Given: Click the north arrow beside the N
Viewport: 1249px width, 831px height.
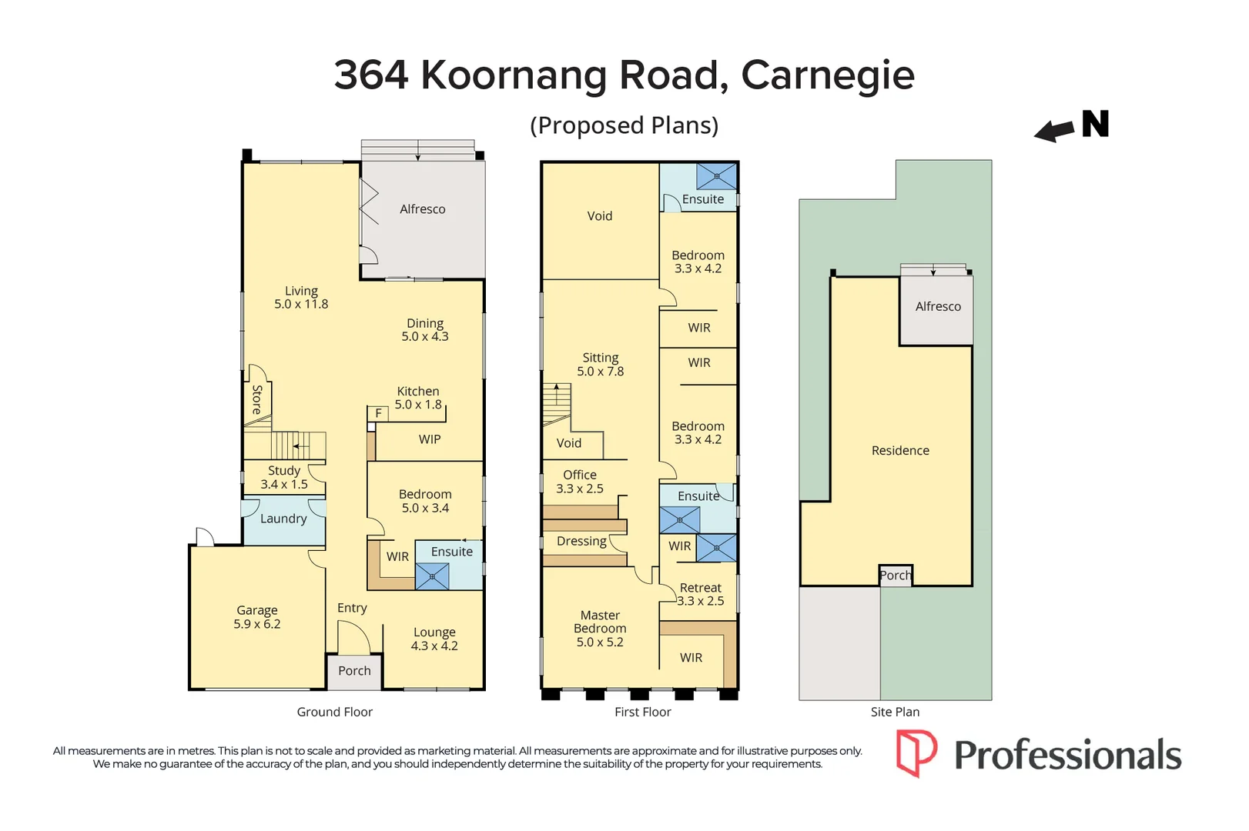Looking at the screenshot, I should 1053,131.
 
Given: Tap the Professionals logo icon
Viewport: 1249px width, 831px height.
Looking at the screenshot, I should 916,753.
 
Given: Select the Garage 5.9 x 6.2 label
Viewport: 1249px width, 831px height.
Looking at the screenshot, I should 257,617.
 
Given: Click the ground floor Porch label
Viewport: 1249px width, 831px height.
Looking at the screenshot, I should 354,671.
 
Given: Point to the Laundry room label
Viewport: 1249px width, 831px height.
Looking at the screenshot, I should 283,519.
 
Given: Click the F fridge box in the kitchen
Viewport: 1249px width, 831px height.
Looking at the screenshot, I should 378,413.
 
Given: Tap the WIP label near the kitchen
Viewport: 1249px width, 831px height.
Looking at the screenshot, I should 430,439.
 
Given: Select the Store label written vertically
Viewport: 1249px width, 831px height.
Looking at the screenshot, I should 257,399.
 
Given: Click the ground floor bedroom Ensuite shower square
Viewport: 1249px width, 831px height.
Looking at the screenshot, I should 432,576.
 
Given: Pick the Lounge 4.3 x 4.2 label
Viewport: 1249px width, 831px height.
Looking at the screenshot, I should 434,639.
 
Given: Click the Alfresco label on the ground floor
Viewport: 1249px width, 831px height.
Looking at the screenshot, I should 422,209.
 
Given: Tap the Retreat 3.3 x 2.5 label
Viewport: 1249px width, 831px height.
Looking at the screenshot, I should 700,594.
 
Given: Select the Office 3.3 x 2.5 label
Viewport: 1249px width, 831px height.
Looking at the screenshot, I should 580,482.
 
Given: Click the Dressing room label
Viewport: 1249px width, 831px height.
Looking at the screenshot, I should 581,541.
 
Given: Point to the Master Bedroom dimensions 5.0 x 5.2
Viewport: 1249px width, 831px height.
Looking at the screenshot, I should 600,642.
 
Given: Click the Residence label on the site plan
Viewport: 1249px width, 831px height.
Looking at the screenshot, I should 900,451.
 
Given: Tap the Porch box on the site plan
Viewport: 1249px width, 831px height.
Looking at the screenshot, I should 896,576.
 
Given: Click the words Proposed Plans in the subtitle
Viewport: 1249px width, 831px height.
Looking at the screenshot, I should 624,125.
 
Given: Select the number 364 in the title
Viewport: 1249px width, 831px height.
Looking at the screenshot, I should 371,75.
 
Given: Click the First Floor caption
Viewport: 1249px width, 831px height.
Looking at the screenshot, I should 642,713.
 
